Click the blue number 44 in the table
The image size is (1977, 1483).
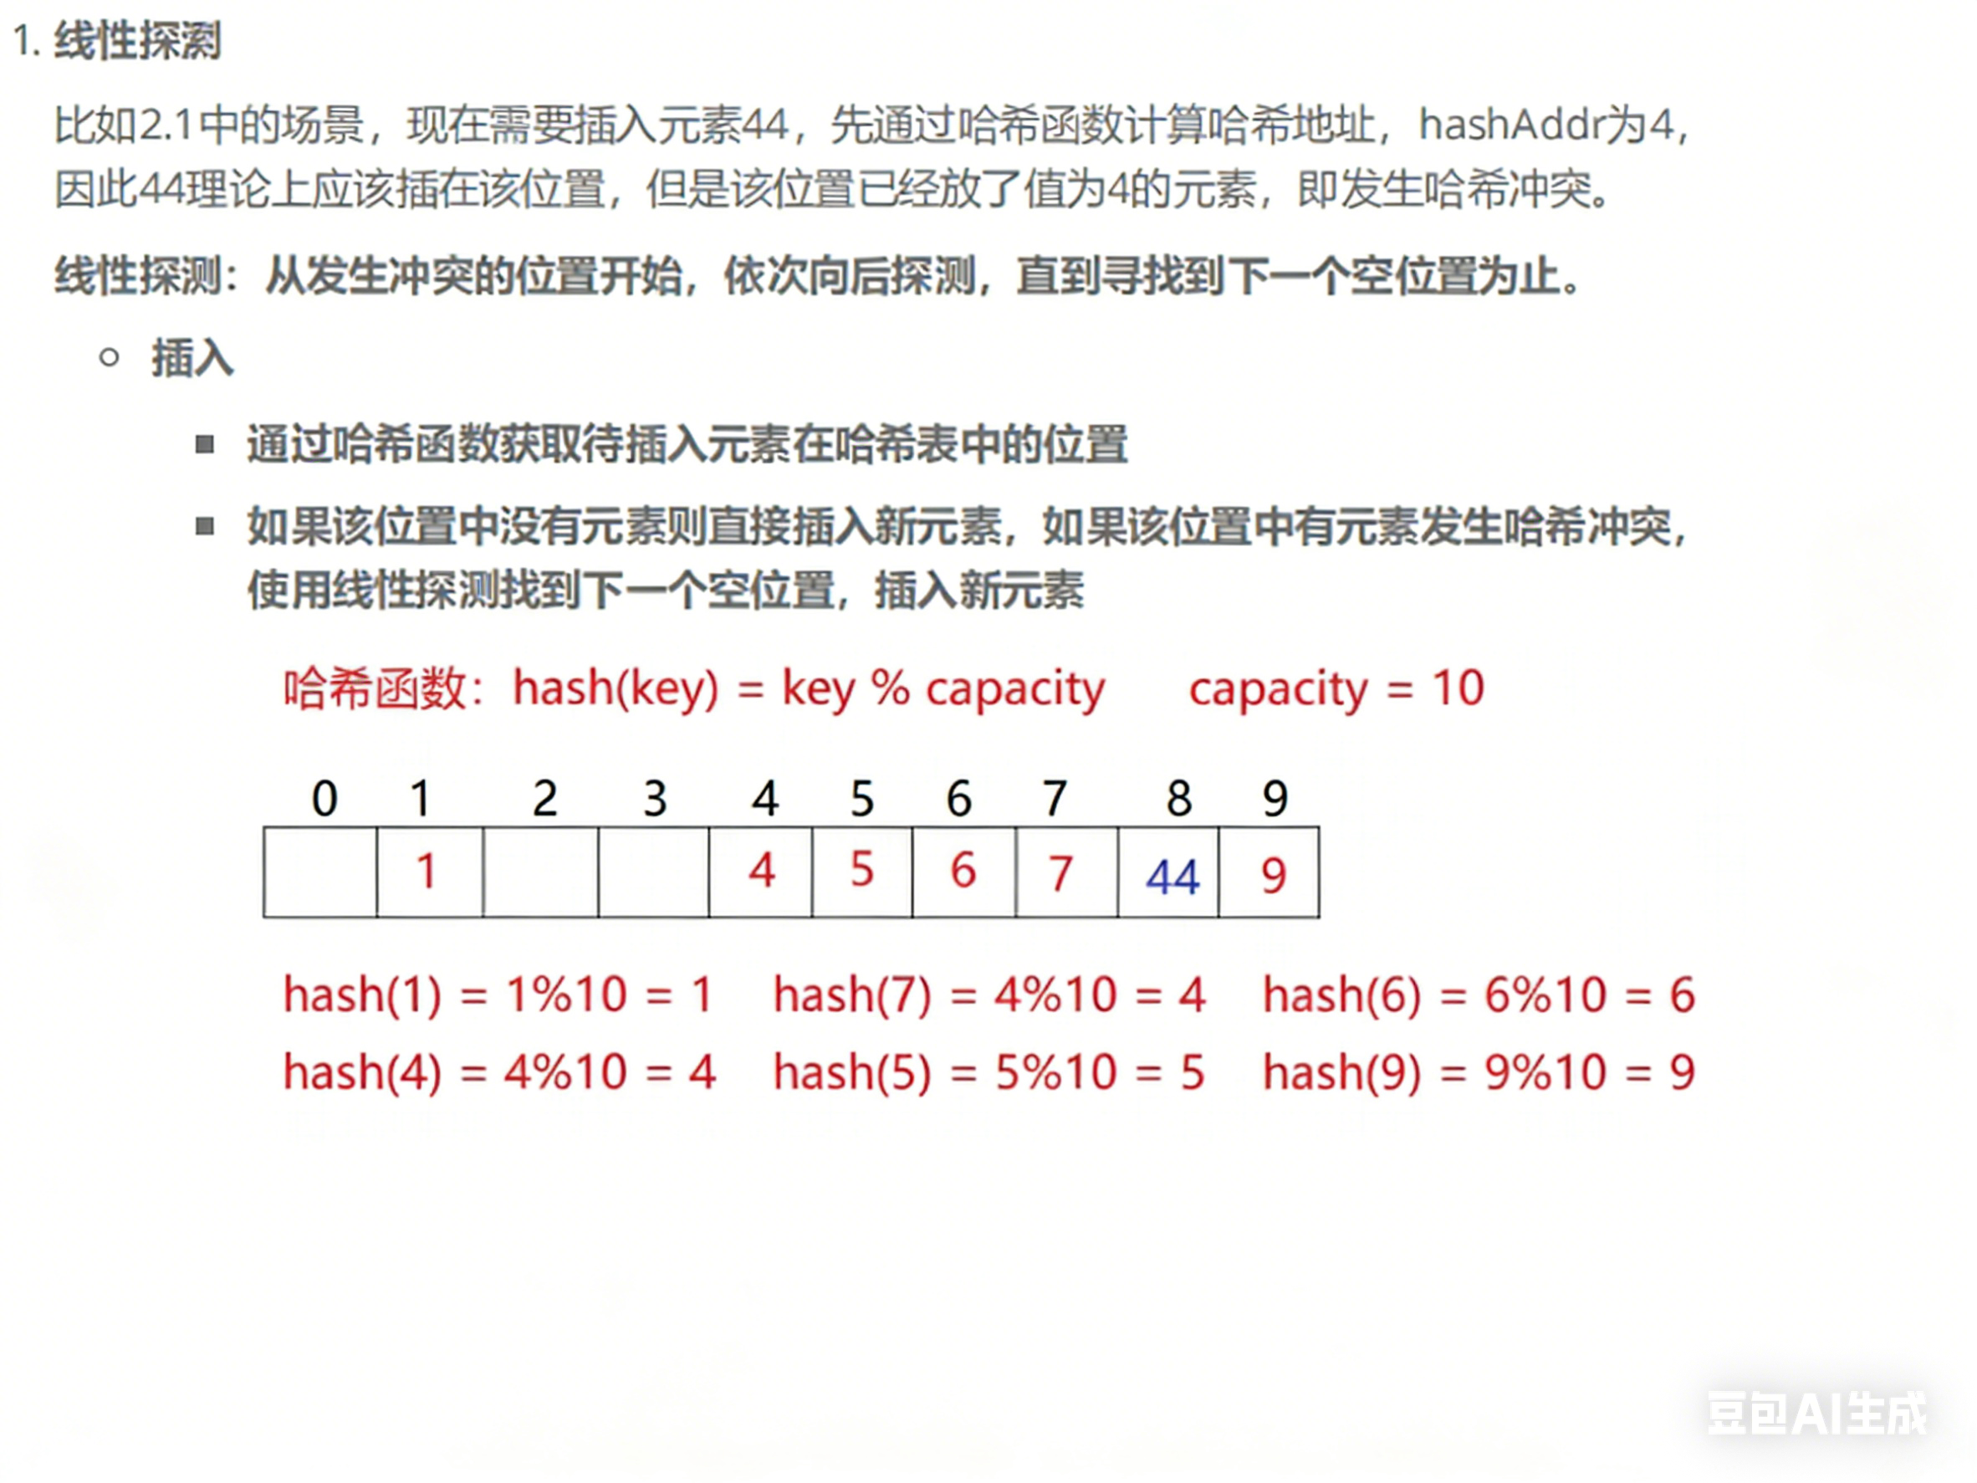click(1172, 877)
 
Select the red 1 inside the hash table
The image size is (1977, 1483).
click(427, 872)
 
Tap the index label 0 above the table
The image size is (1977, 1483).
click(324, 797)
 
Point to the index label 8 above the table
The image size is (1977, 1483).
click(1179, 797)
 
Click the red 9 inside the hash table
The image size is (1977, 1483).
click(1274, 875)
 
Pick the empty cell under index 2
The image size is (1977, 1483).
click(541, 872)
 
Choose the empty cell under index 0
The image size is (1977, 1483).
click(320, 872)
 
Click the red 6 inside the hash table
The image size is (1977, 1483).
click(963, 871)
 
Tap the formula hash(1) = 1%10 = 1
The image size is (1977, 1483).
click(498, 994)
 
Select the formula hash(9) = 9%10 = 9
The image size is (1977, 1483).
click(1479, 1071)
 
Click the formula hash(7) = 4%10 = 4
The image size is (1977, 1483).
click(989, 994)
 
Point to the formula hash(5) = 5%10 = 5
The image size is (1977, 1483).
click(989, 1071)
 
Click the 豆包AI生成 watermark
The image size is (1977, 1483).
click(1817, 1414)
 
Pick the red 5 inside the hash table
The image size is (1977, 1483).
click(861, 870)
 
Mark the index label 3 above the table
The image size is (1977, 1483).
click(655, 797)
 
